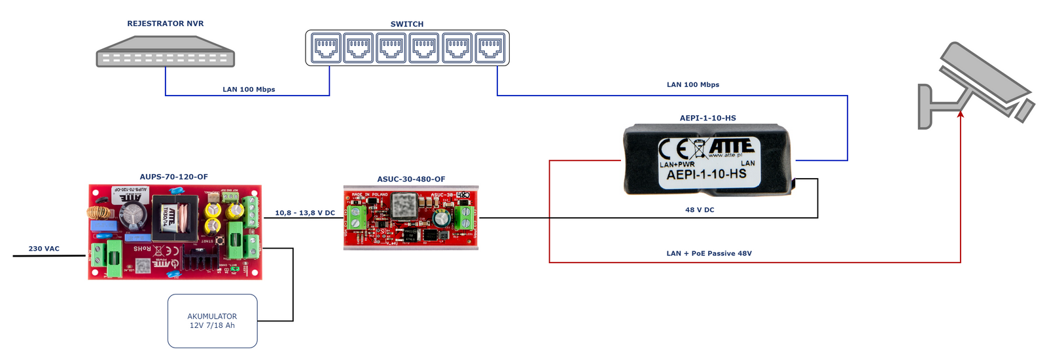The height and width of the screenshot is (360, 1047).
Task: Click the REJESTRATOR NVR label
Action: [x=165, y=24]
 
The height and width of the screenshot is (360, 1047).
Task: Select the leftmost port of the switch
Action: [x=326, y=48]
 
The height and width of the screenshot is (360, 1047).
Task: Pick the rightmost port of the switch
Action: [x=491, y=48]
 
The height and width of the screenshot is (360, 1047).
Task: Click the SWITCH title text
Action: [x=407, y=24]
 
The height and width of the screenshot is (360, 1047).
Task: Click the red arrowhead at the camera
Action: [x=961, y=114]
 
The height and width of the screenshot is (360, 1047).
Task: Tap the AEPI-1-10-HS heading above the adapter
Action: [x=707, y=118]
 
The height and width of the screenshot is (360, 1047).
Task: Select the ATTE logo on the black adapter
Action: [x=732, y=146]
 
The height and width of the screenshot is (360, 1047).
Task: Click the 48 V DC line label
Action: [x=700, y=210]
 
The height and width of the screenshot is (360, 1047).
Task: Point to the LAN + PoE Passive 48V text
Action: [x=709, y=253]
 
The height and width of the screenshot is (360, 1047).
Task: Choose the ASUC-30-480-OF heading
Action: [x=411, y=179]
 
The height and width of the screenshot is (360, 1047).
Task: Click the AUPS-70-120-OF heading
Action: [x=173, y=177]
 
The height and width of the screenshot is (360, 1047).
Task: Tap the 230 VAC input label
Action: [x=44, y=249]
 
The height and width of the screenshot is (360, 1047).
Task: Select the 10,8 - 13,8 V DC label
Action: [x=305, y=213]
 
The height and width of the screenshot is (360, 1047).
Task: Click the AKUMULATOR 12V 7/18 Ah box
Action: [x=212, y=321]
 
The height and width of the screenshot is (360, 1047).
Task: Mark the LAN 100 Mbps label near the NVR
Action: [x=249, y=90]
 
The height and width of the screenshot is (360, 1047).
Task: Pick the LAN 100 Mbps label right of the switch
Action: [x=693, y=85]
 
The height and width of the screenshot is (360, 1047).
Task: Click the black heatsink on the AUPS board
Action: [x=200, y=261]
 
